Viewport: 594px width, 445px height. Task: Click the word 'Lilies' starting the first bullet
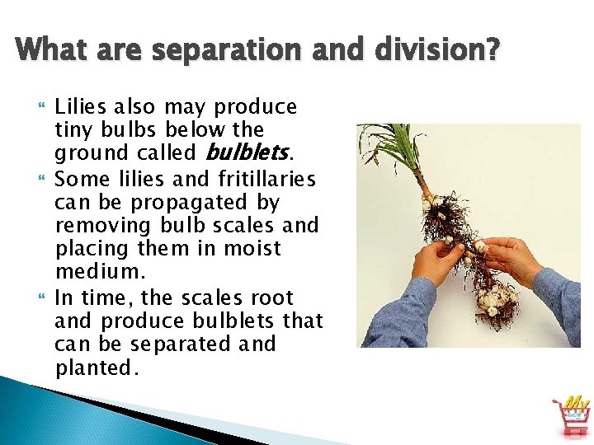tap(81, 107)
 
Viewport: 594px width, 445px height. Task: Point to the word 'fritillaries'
tap(270, 179)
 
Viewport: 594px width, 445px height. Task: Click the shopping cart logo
tap(572, 415)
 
